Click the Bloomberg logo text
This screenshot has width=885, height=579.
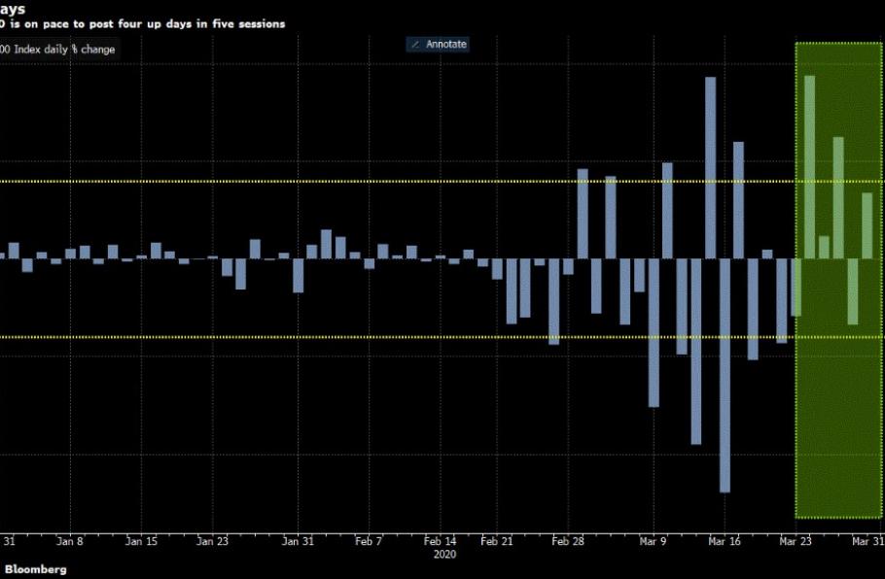[x=37, y=569]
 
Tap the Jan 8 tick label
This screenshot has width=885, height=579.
[x=71, y=540]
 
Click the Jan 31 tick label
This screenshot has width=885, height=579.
[x=298, y=540]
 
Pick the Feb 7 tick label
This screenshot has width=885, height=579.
[x=369, y=540]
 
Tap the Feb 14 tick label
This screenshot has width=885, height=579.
[x=441, y=540]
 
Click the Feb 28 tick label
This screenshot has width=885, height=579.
[x=568, y=540]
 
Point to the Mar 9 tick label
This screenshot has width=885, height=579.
[x=653, y=540]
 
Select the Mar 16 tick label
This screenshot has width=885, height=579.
[x=724, y=540]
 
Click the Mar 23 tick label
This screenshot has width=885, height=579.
[x=796, y=540]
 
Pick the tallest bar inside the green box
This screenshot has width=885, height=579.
[x=810, y=166]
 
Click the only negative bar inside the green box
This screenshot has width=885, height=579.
[x=853, y=291]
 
